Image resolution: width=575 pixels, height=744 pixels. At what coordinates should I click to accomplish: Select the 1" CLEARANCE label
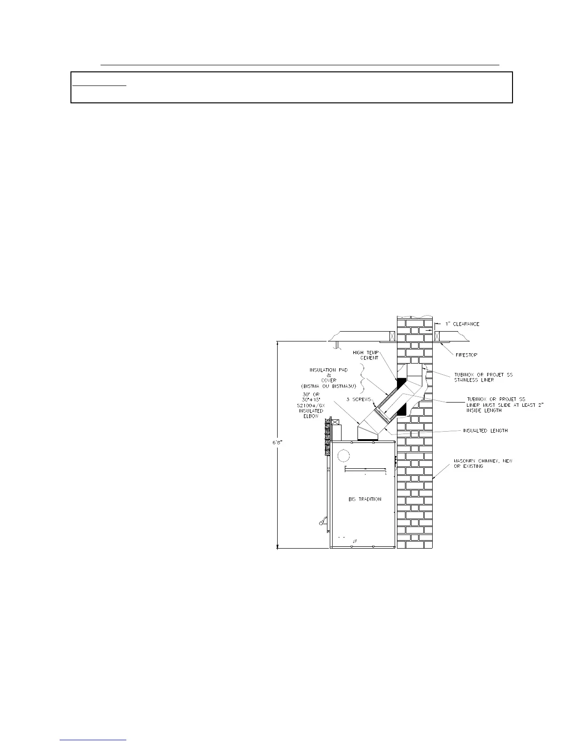click(x=462, y=324)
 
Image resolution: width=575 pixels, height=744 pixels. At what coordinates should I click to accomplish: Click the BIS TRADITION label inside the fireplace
click(x=365, y=499)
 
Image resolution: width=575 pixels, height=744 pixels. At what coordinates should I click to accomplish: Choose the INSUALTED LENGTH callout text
click(x=484, y=430)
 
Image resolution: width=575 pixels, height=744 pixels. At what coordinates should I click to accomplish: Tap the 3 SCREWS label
click(x=359, y=399)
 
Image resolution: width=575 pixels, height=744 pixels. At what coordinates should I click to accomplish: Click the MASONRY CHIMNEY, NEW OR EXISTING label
click(x=483, y=464)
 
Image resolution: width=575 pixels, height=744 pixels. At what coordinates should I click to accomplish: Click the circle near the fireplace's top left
click(x=344, y=455)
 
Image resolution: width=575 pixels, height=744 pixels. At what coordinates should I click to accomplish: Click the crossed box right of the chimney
click(x=437, y=336)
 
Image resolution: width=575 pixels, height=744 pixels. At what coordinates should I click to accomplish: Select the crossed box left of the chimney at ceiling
click(x=390, y=336)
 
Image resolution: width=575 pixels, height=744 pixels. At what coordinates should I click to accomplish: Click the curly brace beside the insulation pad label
click(x=363, y=379)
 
